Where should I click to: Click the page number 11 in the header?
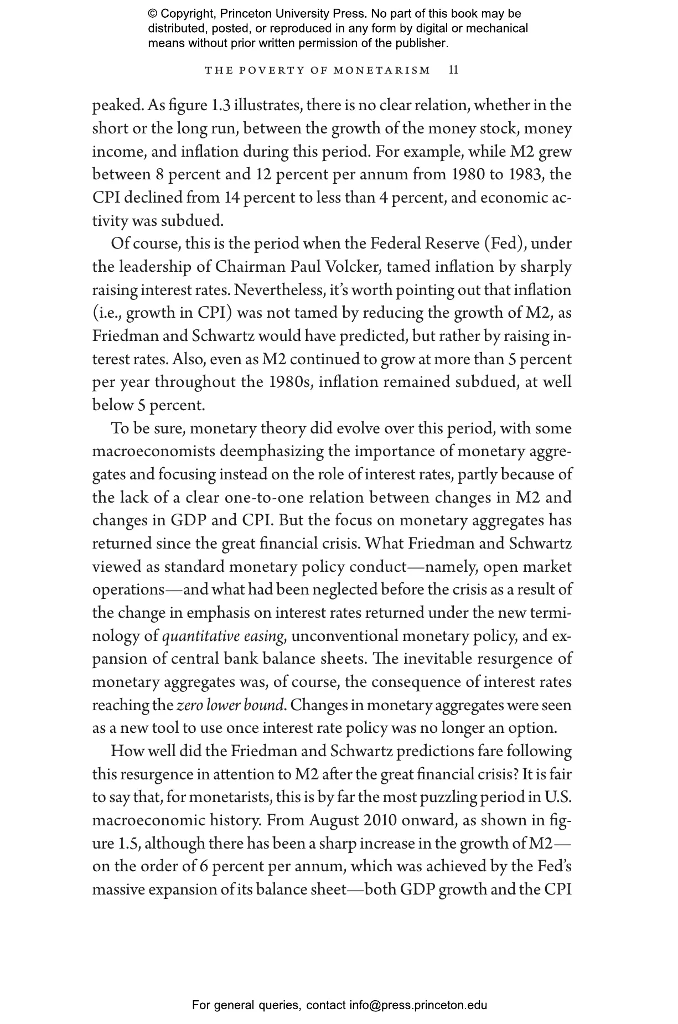tap(454, 70)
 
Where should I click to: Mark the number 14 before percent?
tap(232, 198)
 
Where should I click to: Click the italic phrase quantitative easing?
tap(224, 636)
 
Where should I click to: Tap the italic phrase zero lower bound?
tap(231, 706)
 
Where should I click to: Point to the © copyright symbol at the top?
tap(152, 14)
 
